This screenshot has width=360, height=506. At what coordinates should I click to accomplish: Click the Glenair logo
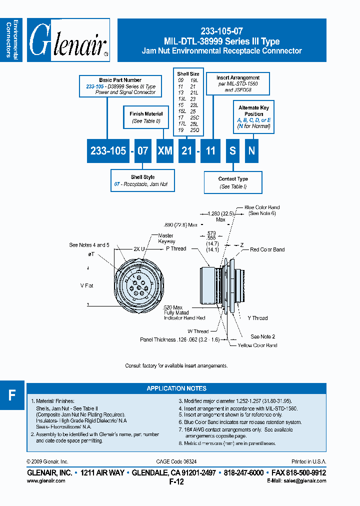(x=68, y=40)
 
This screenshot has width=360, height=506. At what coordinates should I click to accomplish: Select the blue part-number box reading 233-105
(x=108, y=150)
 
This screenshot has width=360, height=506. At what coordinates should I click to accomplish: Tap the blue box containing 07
(x=142, y=150)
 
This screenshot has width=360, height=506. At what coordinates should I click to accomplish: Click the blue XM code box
(x=165, y=150)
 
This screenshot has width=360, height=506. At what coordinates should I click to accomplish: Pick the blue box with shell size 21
(x=187, y=150)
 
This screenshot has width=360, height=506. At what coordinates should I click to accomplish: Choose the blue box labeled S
(x=232, y=150)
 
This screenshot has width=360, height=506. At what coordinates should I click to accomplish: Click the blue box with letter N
(x=251, y=150)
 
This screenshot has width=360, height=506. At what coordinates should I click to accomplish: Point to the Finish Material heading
(x=146, y=114)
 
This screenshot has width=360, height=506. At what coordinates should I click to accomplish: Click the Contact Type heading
(x=233, y=179)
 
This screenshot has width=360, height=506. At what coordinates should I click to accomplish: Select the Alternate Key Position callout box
(x=254, y=117)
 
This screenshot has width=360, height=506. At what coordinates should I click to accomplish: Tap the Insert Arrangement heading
(x=238, y=78)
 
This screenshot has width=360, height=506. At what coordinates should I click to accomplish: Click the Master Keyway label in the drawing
(x=165, y=238)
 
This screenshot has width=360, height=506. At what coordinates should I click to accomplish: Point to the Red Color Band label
(x=267, y=249)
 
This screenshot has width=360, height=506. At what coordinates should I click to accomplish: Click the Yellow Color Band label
(x=257, y=345)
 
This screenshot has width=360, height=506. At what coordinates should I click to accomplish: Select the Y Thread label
(x=257, y=318)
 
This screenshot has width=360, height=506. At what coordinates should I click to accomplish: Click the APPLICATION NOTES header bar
(x=176, y=388)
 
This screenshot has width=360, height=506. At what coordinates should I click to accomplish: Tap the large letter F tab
(x=12, y=395)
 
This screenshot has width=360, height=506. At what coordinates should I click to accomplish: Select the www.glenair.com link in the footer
(x=45, y=480)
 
